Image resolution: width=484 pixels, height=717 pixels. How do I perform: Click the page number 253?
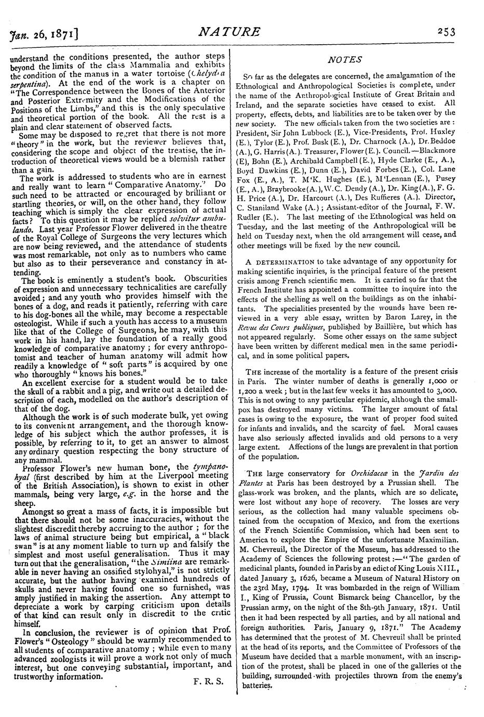pos(446,32)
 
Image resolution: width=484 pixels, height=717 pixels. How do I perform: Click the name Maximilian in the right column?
pos(435,540)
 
